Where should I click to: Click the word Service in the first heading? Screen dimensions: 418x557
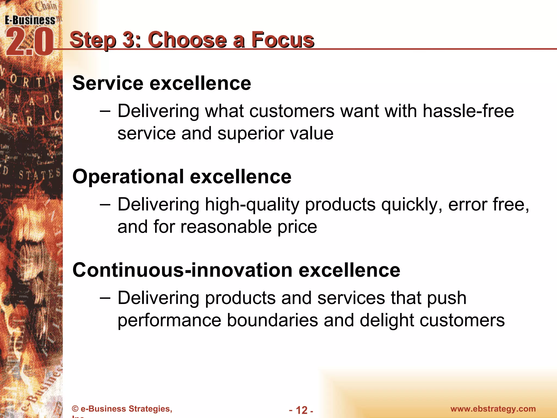tap(108, 83)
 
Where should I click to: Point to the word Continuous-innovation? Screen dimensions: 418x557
tap(182, 270)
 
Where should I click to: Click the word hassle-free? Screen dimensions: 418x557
tap(468, 111)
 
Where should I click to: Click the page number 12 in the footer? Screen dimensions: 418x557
tap(301, 410)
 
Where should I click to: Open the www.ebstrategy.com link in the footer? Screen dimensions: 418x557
tap(493, 409)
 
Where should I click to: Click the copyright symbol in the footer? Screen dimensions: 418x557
tap(75, 409)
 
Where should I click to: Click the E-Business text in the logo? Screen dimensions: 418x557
tap(30, 20)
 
